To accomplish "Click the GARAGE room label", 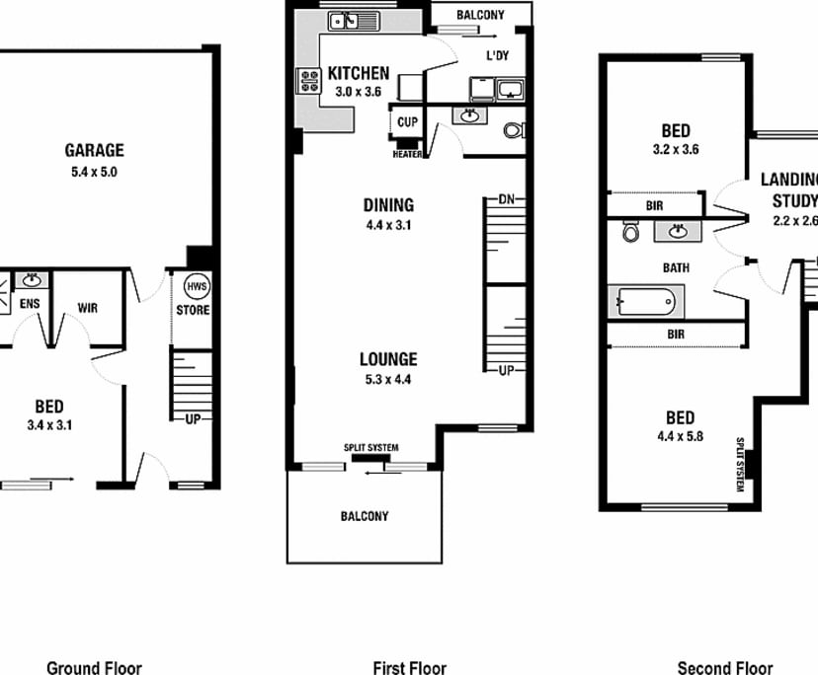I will (95, 151).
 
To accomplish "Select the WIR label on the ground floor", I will (87, 308).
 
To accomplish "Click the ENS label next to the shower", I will (30, 303).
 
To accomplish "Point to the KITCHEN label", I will (358, 73).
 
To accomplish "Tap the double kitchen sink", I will (350, 19).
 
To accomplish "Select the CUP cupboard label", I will (407, 122).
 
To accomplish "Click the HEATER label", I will (407, 155).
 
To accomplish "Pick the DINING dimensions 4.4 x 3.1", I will (387, 225).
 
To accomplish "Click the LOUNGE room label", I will (387, 359).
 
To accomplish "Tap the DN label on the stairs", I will (506, 199).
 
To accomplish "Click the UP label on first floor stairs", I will (506, 370).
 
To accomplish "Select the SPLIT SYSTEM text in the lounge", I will (370, 448).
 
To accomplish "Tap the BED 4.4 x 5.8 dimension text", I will (680, 437).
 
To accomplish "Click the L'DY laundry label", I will (498, 56).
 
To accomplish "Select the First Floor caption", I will (409, 668).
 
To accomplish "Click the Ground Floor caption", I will (94, 668).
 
